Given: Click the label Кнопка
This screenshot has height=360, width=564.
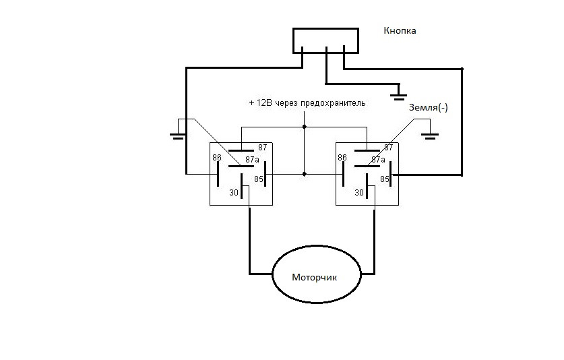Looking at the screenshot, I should pyautogui.click(x=400, y=31).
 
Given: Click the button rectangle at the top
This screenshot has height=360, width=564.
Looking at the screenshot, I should pyautogui.click(x=325, y=40).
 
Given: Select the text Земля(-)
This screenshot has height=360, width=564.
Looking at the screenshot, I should pyautogui.click(x=428, y=108).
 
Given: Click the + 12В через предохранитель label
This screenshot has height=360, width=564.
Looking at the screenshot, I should pyautogui.click(x=307, y=103).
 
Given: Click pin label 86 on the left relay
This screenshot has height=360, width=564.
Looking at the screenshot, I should pyautogui.click(x=217, y=158).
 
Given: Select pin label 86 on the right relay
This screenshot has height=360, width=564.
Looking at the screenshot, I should pyautogui.click(x=342, y=158).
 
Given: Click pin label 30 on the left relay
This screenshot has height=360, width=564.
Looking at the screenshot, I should pyautogui.click(x=234, y=193).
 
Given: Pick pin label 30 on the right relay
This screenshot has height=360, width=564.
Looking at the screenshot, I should pyautogui.click(x=359, y=193).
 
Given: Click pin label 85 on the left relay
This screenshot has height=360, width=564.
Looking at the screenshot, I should pyautogui.click(x=258, y=179).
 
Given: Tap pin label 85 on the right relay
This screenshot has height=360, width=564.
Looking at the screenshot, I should pyautogui.click(x=385, y=179).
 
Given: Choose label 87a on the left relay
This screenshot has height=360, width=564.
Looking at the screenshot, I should pyautogui.click(x=253, y=160).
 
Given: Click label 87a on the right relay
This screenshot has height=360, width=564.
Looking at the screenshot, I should pyautogui.click(x=378, y=160).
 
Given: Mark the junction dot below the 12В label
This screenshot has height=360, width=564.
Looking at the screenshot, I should pyautogui.click(x=305, y=126).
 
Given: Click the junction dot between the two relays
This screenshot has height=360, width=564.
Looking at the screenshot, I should pyautogui.click(x=305, y=174).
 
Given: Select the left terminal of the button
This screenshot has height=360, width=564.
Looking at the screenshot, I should pyautogui.click(x=302, y=50).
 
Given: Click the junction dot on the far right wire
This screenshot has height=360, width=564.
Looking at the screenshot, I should pyautogui.click(x=462, y=69).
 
